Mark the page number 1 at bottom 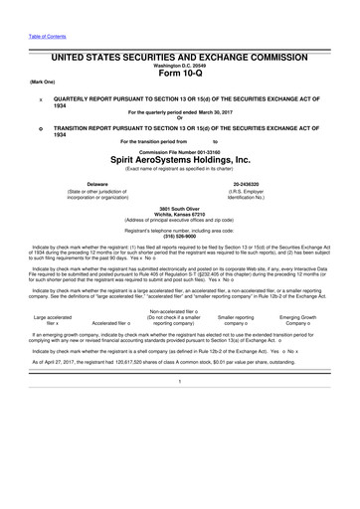pos(180,466)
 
